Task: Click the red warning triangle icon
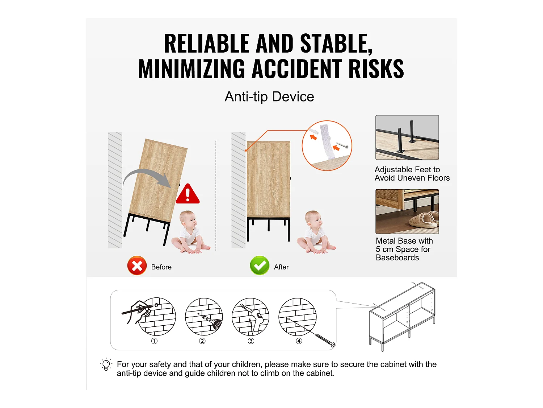188,194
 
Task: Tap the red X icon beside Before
137,266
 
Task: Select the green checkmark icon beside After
260,266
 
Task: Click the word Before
161,267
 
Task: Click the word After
281,267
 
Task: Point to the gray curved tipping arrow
147,177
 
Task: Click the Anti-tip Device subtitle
269,97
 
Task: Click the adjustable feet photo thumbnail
407,137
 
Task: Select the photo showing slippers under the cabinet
407,211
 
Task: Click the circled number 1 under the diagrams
154,341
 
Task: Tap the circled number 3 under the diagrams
251,341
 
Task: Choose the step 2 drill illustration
204,317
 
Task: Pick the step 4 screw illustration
298,317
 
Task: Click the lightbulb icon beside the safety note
106,364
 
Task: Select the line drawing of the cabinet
402,316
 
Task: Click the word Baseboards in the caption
397,258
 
